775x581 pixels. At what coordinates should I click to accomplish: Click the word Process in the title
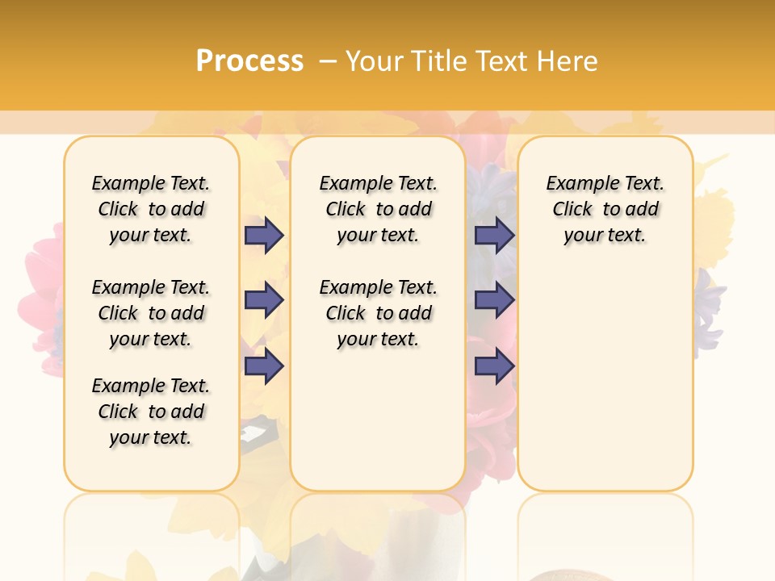click(x=249, y=61)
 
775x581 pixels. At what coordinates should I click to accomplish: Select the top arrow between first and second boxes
click(x=264, y=236)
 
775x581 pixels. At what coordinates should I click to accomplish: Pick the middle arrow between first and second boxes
click(x=264, y=300)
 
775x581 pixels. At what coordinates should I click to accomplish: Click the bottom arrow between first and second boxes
click(x=264, y=366)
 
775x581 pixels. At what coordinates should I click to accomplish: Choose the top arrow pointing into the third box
click(x=494, y=236)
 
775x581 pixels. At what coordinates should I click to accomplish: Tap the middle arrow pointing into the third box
click(x=494, y=300)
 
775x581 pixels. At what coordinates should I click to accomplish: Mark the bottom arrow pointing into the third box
click(x=494, y=366)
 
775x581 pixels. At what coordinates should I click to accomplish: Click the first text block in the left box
click(x=151, y=209)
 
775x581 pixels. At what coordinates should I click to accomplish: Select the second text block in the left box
click(x=151, y=313)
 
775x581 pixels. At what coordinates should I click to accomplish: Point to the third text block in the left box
click(x=151, y=412)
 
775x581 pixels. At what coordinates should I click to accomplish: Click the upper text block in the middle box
click(x=379, y=209)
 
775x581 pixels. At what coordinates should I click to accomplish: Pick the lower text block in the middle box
click(x=379, y=313)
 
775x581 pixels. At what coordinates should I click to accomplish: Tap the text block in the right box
click(x=605, y=209)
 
